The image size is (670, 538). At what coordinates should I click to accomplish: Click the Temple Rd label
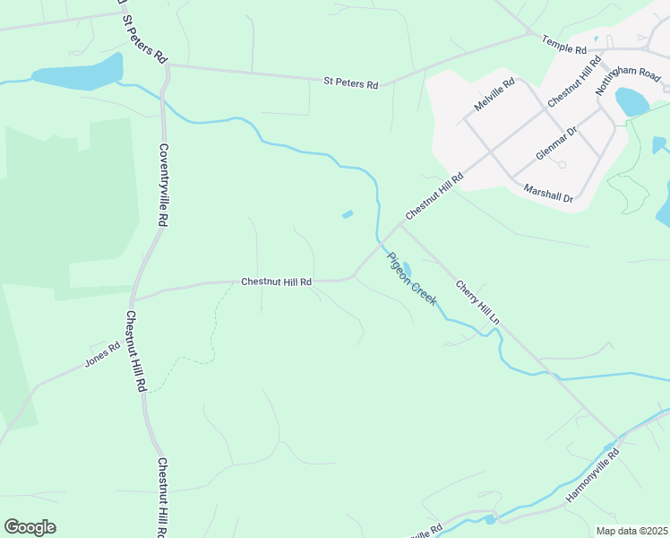563,43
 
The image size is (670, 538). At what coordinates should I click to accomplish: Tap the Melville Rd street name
495,94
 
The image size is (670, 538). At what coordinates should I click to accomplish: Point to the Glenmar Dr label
556,142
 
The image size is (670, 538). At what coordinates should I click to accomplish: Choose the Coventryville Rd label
163,185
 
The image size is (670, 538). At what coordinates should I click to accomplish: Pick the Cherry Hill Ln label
477,302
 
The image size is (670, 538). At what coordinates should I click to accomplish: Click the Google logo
30,527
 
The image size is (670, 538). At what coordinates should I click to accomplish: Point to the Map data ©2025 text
631,531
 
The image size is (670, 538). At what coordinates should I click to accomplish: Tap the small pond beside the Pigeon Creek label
406,267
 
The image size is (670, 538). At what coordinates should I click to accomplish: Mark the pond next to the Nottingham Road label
633,100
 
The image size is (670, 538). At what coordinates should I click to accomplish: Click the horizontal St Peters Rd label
350,83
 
